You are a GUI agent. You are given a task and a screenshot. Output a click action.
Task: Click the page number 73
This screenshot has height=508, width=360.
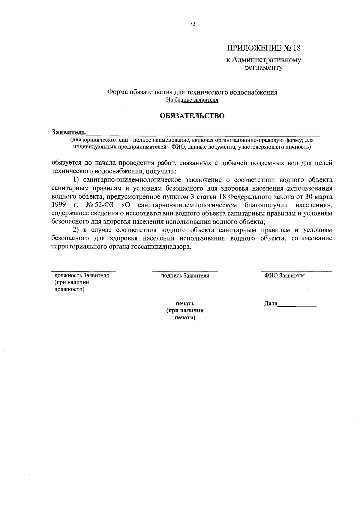click(193, 24)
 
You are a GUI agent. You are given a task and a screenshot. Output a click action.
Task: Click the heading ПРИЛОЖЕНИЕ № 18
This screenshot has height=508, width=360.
click(263, 48)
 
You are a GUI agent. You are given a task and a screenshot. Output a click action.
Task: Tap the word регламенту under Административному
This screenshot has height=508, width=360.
click(264, 68)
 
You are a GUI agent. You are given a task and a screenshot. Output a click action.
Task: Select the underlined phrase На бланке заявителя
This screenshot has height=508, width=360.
click(192, 100)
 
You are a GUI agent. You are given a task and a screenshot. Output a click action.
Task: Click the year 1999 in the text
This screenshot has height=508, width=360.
click(59, 205)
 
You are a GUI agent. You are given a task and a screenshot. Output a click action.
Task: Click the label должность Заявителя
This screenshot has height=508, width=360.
click(81, 275)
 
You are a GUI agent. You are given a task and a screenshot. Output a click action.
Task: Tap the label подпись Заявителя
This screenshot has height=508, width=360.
click(185, 275)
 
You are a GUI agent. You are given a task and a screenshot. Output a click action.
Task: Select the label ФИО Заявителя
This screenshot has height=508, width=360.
click(284, 275)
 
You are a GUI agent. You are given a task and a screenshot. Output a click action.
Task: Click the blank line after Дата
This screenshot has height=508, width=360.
click(297, 305)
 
